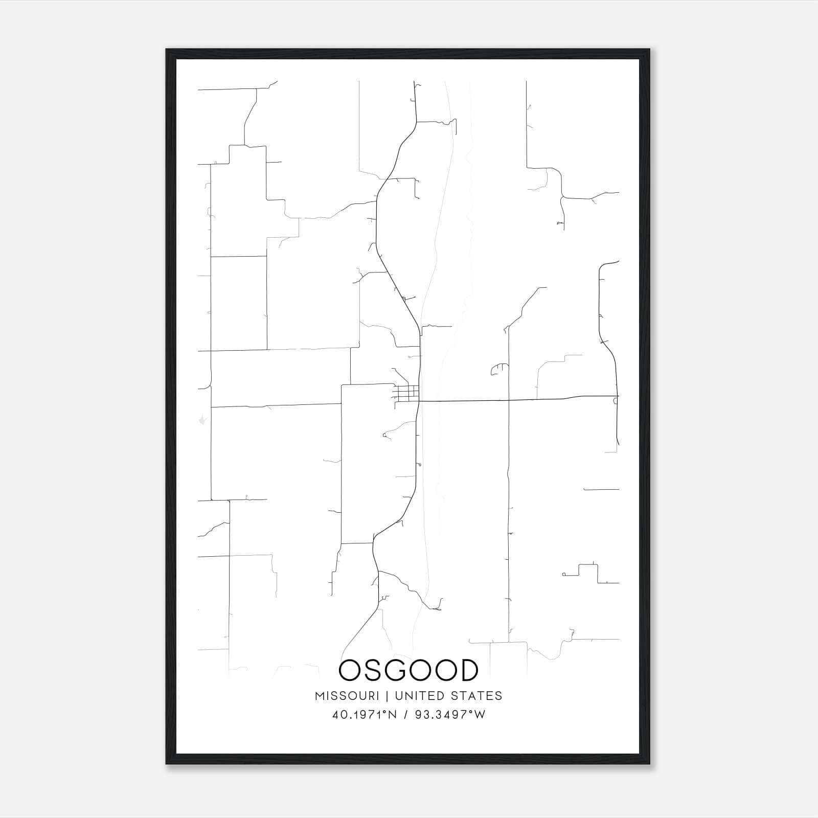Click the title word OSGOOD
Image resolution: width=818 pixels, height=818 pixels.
tap(408, 670)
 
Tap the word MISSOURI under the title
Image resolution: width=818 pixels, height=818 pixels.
tap(347, 696)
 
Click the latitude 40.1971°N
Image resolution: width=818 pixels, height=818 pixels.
tap(365, 715)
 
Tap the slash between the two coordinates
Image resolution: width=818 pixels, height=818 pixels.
tap(405, 715)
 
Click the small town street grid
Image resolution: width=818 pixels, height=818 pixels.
tap(407, 393)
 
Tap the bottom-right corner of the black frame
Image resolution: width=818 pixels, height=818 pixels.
tap(649, 763)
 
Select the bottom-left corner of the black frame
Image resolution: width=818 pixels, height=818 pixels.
tap(167, 763)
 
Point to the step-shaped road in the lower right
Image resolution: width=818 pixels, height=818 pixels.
tap(588, 572)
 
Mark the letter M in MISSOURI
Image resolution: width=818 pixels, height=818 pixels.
tap(320, 696)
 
